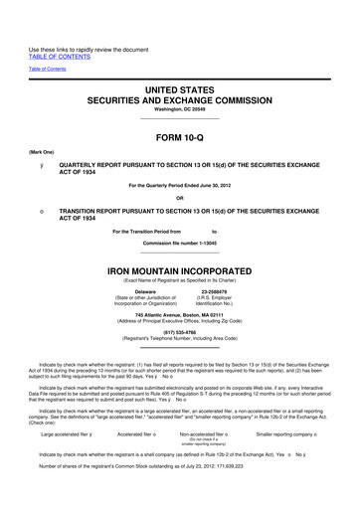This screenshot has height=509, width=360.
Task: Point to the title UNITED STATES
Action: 180,90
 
